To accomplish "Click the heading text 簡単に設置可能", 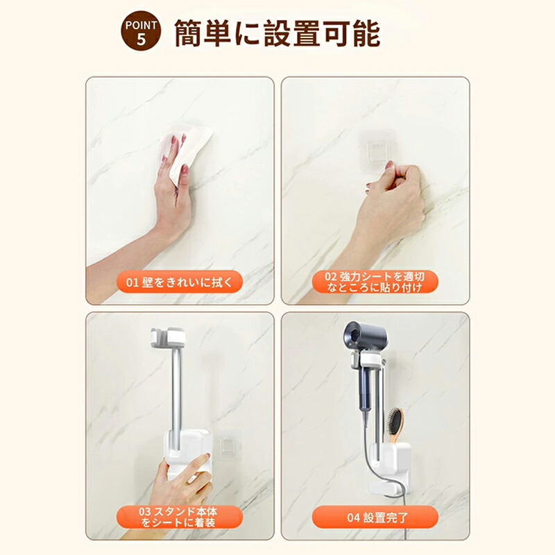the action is tap(277, 33).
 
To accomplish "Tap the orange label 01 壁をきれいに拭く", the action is tap(180, 282).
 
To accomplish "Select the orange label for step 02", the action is tap(375, 282).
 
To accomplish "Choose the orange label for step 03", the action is tap(180, 516).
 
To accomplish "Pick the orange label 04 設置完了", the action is tap(375, 517).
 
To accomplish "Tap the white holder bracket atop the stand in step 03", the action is tap(168, 337).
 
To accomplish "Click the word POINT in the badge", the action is tap(141, 26).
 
